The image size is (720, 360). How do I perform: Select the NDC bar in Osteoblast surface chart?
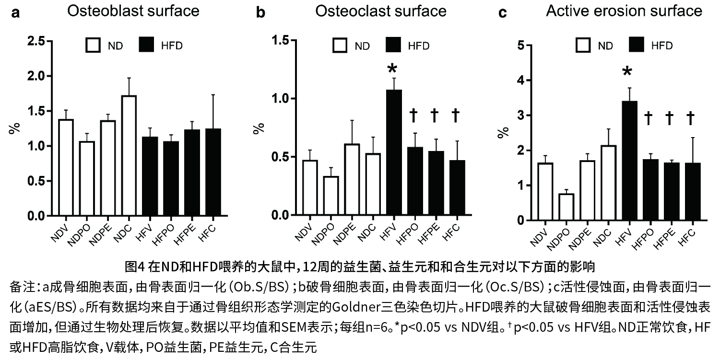click(x=129, y=156)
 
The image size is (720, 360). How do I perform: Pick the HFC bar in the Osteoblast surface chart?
click(x=213, y=172)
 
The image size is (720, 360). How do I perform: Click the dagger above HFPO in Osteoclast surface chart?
click(x=414, y=116)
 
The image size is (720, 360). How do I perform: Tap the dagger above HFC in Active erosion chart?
click(x=690, y=118)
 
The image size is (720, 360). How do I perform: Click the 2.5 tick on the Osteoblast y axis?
click(x=35, y=41)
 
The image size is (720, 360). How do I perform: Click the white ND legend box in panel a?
click(x=93, y=46)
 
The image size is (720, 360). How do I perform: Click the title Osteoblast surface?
click(x=133, y=11)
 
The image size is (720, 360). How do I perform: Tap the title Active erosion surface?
click(x=624, y=11)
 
